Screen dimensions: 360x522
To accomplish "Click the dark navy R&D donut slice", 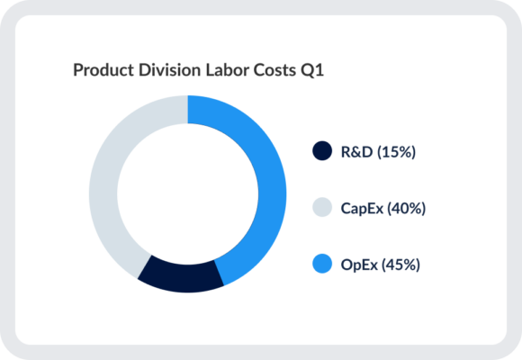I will [x=180, y=274].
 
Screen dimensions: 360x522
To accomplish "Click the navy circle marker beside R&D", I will [x=321, y=151].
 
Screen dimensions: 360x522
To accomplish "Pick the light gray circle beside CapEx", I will [x=321, y=208].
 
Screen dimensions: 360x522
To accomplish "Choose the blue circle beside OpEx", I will [x=321, y=265].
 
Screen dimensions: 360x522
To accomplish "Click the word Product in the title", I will [x=100, y=70].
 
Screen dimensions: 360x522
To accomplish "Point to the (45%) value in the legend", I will [x=400, y=265].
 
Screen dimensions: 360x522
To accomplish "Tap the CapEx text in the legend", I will [x=360, y=208].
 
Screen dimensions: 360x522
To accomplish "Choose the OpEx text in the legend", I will [x=359, y=265].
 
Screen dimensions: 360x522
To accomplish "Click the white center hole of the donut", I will [x=187, y=193].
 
